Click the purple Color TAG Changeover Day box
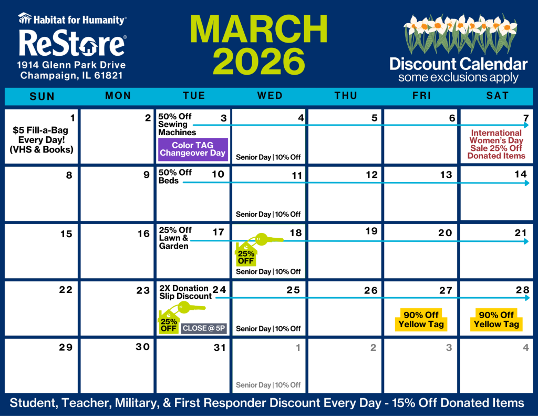pos(193,149)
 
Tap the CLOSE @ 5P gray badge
pos(204,328)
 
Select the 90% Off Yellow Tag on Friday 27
pos(421,319)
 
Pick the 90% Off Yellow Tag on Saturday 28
pos(496,319)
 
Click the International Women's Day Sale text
pos(496,144)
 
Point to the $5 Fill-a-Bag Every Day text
pos(42,140)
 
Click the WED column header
pos(270,96)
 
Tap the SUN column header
pos(42,96)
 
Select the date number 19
pos(371,231)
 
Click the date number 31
pos(220,348)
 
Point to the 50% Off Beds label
pos(175,177)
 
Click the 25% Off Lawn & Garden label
pos(175,238)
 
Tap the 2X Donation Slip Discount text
pos(185,292)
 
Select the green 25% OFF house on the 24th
pos(169,322)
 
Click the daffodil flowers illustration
pos(460,34)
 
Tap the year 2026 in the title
pos(259,61)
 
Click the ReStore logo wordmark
pos(73,43)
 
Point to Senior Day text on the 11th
pos(253,215)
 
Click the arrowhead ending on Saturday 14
pos(527,183)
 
